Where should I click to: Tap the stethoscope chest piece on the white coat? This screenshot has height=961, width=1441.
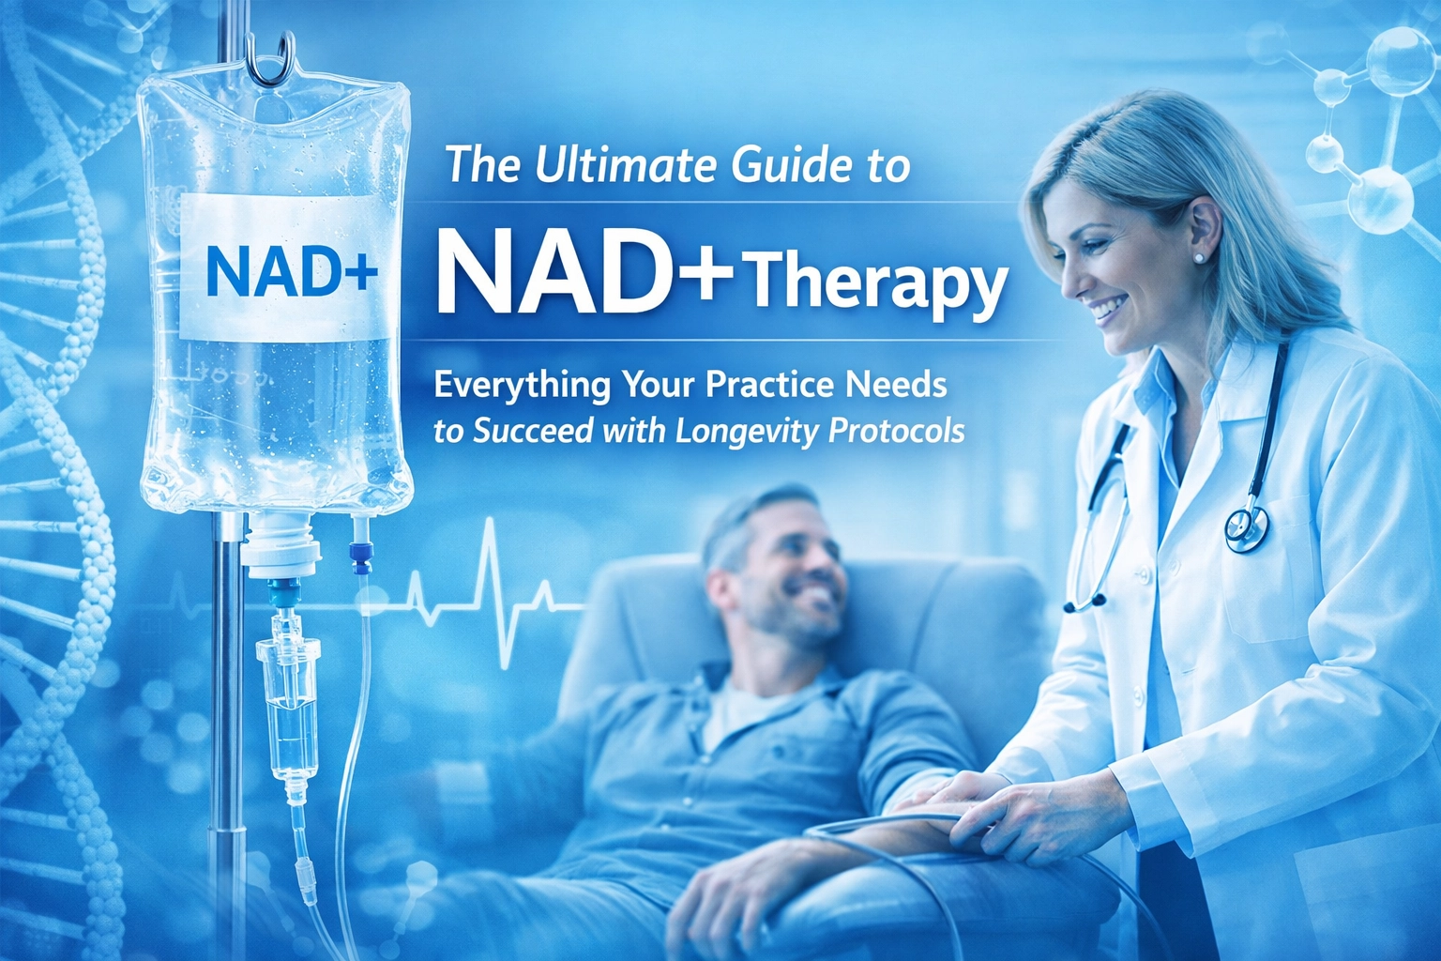(1247, 529)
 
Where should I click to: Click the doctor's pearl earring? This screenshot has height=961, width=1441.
(1199, 256)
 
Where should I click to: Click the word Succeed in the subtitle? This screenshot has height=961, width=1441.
(533, 431)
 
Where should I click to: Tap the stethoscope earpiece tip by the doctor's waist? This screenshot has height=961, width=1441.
(1070, 607)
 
